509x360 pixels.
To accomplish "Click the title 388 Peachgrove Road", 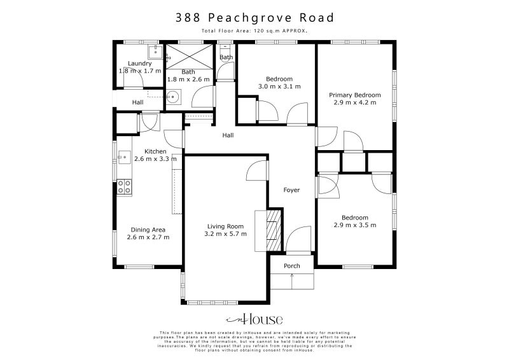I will [254, 18].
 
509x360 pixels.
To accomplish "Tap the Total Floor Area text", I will [254, 31].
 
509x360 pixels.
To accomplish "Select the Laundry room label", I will [139, 64].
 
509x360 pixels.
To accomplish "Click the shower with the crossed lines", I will [188, 56].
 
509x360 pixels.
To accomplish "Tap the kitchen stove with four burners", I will [125, 187].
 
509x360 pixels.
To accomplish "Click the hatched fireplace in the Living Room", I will [273, 232].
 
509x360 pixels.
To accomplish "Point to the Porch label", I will [292, 266].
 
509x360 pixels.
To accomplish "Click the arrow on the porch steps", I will [292, 276].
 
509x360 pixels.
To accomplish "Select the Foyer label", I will [291, 190].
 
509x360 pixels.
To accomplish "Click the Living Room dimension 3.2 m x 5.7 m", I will [226, 233].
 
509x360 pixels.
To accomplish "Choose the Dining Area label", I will [148, 230].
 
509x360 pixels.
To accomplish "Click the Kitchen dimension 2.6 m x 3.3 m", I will [155, 160].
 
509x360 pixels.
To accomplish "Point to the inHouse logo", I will [254, 319].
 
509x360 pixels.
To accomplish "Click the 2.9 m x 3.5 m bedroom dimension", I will [354, 225].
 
